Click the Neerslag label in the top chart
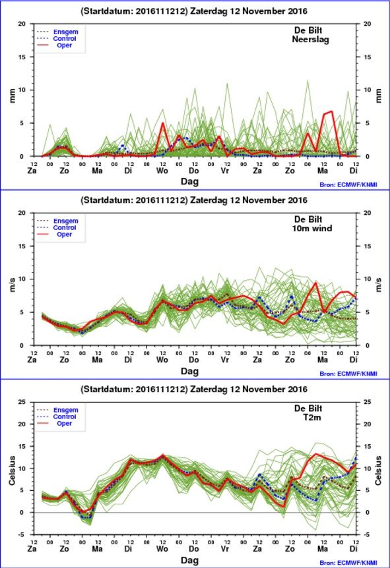point(311,39)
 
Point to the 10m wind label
point(312,228)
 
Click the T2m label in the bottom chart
point(312,417)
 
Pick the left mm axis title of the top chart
point(13,96)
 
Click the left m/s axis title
point(13,285)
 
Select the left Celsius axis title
point(13,470)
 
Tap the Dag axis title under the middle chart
point(190,371)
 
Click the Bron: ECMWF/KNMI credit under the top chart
point(348,185)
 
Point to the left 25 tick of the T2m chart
point(22,402)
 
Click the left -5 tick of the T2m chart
point(22,534)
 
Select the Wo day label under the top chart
point(162,171)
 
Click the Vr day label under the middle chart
point(225,360)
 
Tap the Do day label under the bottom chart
point(194,549)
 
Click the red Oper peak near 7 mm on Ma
point(331,111)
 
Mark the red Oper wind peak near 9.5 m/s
point(316,283)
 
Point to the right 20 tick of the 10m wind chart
point(367,213)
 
